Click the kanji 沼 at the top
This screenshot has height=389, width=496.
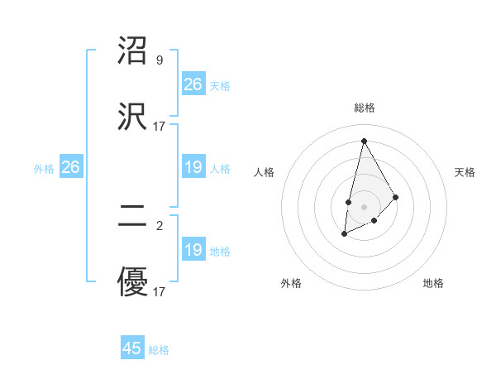[x=133, y=51]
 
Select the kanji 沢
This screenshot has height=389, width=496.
[x=133, y=116]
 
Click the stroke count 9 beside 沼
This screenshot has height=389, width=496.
[x=160, y=60]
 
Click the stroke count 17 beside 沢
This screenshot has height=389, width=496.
[x=160, y=127]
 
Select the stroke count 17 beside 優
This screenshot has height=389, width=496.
[x=160, y=292]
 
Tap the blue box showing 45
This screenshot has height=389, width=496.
[x=132, y=348]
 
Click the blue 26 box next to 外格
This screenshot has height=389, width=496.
[x=70, y=168]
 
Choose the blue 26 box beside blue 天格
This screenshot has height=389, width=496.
[x=193, y=84]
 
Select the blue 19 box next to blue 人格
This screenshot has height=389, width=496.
[x=193, y=168]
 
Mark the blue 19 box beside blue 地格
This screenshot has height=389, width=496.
[x=193, y=250]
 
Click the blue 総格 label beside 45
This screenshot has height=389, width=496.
[x=159, y=350]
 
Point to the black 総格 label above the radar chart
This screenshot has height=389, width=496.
[x=364, y=108]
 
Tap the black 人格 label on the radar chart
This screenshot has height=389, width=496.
[x=265, y=172]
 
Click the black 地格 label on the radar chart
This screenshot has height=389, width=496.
[x=433, y=283]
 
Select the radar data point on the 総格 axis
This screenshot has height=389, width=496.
[x=364, y=141]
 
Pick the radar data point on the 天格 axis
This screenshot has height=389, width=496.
[x=396, y=197]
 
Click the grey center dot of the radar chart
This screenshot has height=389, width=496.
[x=364, y=206]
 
